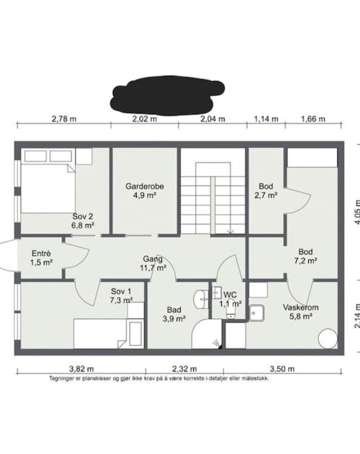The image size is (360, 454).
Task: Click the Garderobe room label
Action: [144, 191]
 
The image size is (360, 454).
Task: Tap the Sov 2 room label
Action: [83, 221]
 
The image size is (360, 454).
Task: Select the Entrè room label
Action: [41, 258]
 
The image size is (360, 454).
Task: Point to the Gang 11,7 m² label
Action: [153, 263]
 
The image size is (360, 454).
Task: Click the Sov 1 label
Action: [121, 296]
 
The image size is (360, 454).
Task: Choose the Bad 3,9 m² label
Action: [174, 314]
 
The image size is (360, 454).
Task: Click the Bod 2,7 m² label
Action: [266, 191]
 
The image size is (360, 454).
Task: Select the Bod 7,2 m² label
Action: [306, 256]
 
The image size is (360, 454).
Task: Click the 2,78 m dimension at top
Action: [64, 119]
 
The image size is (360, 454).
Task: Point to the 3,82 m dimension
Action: [81, 369]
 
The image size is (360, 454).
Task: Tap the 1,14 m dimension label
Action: [266, 119]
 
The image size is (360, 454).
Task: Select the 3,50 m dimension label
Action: [282, 369]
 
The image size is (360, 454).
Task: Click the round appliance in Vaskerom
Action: [328, 339]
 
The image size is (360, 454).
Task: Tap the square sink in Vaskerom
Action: [256, 313]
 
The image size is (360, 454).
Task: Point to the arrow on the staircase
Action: [230, 231]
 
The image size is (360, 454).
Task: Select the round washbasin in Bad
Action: [200, 299]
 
